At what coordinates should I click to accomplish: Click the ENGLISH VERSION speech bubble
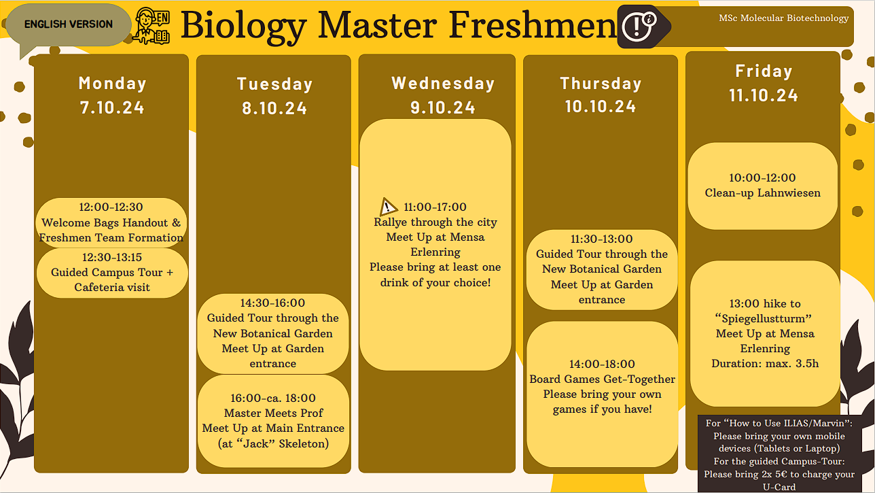pos(69,25)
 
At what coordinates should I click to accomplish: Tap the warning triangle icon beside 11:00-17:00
pos(389,207)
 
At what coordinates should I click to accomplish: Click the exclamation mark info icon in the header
pos(639,27)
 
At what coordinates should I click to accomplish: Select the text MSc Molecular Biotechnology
pos(783,18)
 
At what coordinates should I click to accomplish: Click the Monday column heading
pos(113,83)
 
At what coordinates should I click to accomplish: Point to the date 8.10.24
pos(274,108)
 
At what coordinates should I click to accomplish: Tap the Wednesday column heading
pos(443,83)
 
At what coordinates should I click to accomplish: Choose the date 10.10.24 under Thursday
pos(601,106)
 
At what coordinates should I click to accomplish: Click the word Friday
pos(764,71)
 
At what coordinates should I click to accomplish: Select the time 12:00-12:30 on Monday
pos(111,207)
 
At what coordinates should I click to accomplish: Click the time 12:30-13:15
pos(112,257)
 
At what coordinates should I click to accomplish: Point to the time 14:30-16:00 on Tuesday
pos(272,303)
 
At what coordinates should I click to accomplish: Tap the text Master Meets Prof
pos(273,413)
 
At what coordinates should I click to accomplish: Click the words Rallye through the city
pos(435,222)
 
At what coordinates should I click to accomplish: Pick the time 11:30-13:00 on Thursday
pos(602,239)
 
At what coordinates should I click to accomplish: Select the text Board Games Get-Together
pos(602,379)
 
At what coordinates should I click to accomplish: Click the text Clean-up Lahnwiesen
pos(762,192)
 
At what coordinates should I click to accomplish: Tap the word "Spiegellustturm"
pos(764,319)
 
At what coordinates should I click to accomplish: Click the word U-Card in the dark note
pos(779,487)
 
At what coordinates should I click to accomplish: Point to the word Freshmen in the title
pos(533,25)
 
